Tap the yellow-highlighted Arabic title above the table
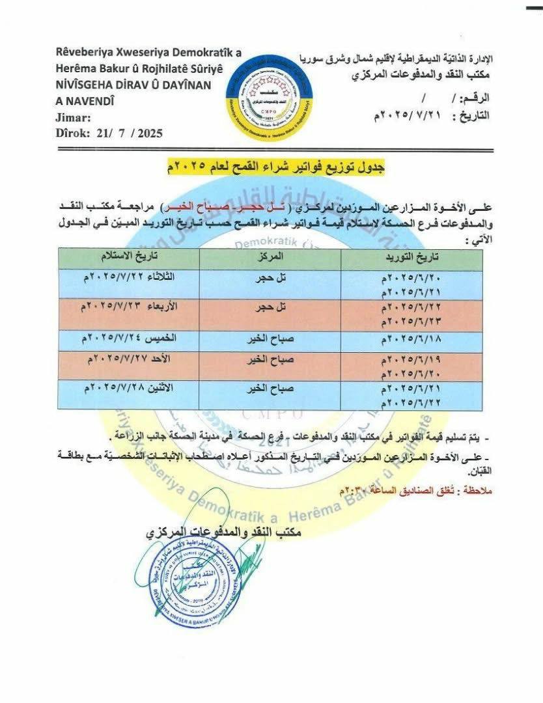(x=276, y=167)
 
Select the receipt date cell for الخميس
(x=133, y=338)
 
